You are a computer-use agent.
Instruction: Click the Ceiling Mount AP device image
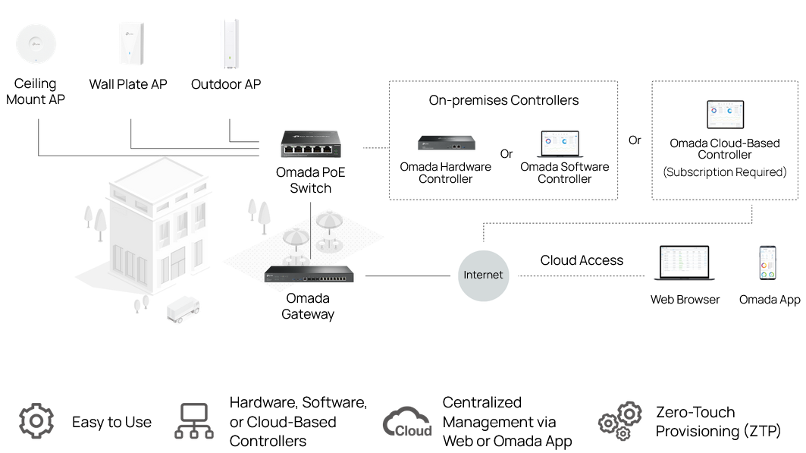[x=36, y=44]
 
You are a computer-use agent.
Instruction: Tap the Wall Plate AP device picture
[x=130, y=44]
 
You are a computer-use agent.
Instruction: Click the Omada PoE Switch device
[x=310, y=144]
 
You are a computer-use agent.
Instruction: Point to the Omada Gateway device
[x=309, y=274]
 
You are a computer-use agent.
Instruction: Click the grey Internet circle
[x=483, y=275]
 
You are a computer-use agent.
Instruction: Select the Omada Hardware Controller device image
[x=446, y=143]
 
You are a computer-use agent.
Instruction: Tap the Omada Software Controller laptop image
[x=560, y=144]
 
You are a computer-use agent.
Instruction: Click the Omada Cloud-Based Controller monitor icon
[x=726, y=114]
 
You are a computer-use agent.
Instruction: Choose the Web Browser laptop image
[x=684, y=263]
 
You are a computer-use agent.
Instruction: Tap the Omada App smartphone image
[x=767, y=263]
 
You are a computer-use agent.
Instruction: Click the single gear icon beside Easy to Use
[x=36, y=421]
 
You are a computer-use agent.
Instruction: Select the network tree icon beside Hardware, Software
[x=194, y=421]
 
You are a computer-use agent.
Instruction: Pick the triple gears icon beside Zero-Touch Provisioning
[x=620, y=421]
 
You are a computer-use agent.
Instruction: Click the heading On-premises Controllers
[x=503, y=100]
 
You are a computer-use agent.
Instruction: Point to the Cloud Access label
[x=582, y=260]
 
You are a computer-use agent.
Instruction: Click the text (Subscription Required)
[x=725, y=171]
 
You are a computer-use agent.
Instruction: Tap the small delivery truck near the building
[x=183, y=310]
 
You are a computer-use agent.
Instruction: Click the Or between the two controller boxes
[x=635, y=140]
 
